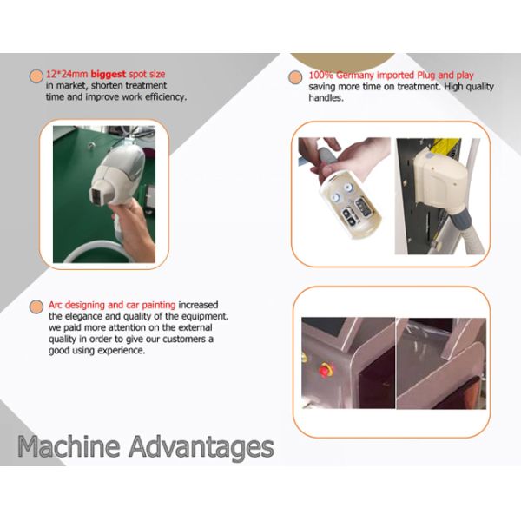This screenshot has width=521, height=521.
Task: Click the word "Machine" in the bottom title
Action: pos(69,446)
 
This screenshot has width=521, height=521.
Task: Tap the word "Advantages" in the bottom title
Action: pos(201,448)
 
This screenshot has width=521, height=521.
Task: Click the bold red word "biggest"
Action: pos(109,75)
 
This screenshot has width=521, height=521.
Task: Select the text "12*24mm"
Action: pos(67,74)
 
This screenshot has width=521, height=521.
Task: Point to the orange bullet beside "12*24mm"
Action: pos(36,76)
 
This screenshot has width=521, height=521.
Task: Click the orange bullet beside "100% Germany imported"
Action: pos(295,77)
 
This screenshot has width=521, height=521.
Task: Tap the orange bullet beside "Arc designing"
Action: pos(36,307)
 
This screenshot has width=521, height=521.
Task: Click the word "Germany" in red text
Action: pos(355,76)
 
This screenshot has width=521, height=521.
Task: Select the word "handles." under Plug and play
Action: pos(326,97)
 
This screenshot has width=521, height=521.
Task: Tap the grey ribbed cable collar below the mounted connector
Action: pos(462,221)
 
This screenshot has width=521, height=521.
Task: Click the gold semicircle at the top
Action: pos(342,63)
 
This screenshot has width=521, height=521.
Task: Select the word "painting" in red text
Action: pos(159,305)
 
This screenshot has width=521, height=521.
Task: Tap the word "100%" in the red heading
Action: pos(321,75)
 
